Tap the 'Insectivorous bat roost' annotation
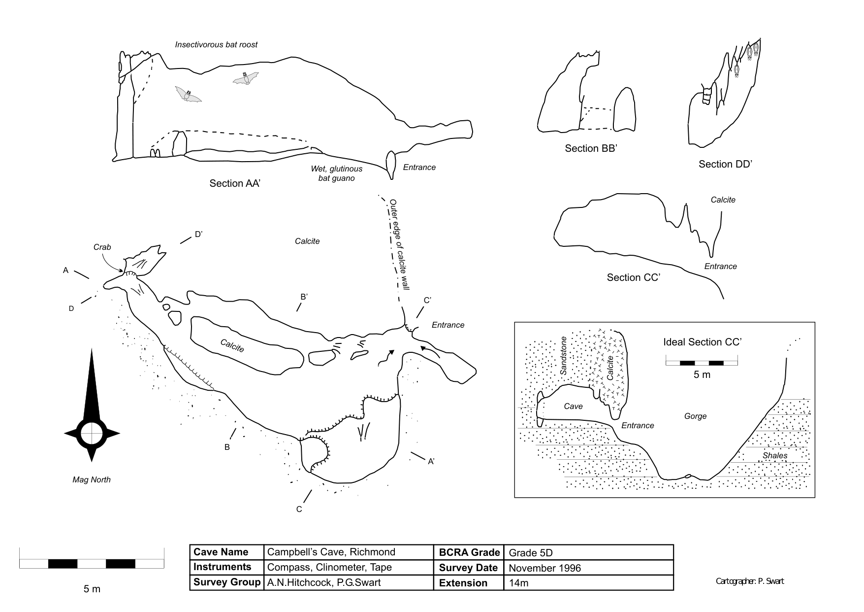tap(216, 45)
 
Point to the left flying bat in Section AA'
tap(188, 94)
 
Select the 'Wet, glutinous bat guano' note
tap(336, 173)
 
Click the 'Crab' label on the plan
tap(102, 247)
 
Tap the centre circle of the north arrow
tap(92, 433)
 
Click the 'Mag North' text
tap(92, 480)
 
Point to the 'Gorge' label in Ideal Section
tap(695, 416)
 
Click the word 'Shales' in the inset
tap(775, 456)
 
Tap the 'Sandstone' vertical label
tap(564, 356)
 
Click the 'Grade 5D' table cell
tap(534, 553)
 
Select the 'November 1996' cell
tap(544, 568)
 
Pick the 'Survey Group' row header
tap(227, 582)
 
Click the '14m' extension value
tap(518, 583)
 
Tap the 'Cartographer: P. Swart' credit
tap(750, 581)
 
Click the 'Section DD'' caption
tap(725, 165)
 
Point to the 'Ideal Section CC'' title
tap(702, 342)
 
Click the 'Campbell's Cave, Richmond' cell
tap(331, 552)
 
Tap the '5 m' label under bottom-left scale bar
tap(92, 589)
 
